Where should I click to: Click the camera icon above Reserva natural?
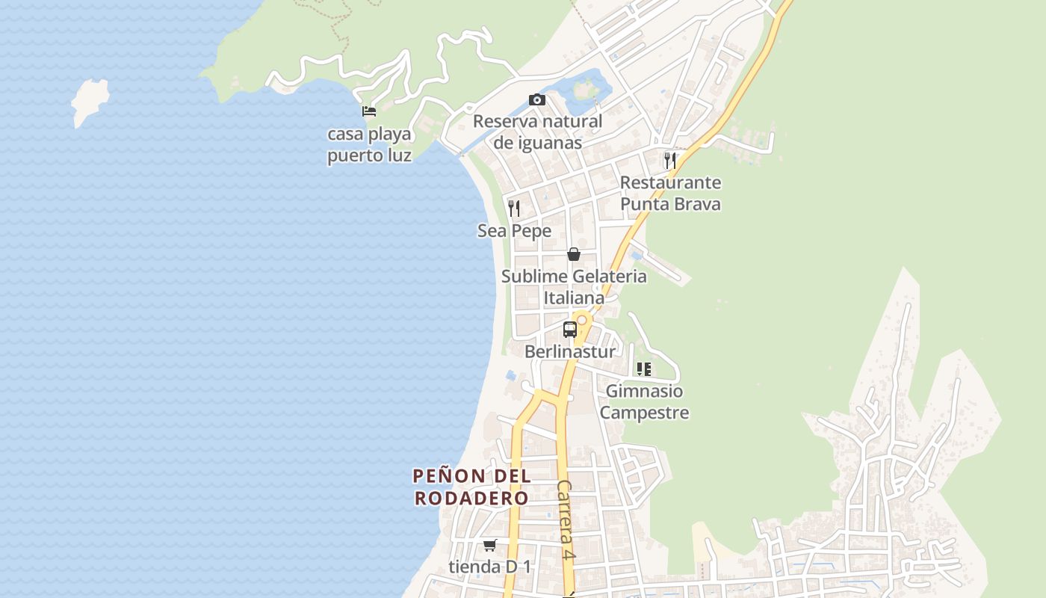[x=536, y=99]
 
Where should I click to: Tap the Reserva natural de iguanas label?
[x=537, y=132]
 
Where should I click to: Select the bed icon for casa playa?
[x=369, y=111]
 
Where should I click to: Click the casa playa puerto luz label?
[x=369, y=145]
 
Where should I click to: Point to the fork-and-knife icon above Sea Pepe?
[x=514, y=208]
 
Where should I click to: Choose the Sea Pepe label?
[x=514, y=231]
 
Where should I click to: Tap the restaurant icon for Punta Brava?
[x=669, y=160]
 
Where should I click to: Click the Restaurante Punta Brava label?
[x=670, y=193]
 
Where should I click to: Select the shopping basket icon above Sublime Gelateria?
[x=573, y=254]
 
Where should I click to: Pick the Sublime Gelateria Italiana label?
[x=574, y=287]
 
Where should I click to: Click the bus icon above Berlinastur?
[x=569, y=329]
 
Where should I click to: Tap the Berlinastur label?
[x=569, y=351]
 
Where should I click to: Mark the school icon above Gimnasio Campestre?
[x=644, y=369]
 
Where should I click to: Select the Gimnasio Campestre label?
[x=644, y=401]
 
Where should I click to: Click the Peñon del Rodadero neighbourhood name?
[x=471, y=487]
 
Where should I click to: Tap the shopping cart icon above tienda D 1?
[x=489, y=545]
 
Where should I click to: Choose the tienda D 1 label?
[x=489, y=567]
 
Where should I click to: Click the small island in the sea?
[x=90, y=100]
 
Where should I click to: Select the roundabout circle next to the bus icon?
[x=581, y=320]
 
